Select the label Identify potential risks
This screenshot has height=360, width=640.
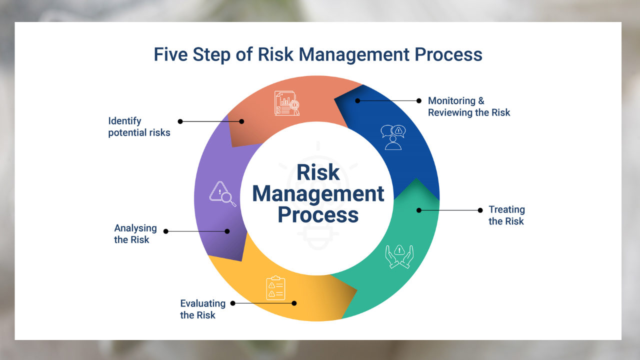click(139, 127)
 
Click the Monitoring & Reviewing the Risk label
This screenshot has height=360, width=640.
click(468, 107)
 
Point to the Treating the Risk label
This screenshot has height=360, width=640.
click(506, 215)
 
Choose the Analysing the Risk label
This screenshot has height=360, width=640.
click(135, 234)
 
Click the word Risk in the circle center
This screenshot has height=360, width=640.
click(318, 172)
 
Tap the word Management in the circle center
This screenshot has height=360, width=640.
click(318, 193)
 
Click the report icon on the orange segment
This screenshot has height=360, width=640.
click(286, 103)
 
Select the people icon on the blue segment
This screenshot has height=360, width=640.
click(393, 137)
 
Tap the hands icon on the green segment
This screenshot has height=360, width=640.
click(399, 256)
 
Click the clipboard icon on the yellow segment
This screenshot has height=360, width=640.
click(275, 288)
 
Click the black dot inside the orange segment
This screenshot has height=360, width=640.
click(241, 121)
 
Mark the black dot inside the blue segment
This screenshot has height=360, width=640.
click(357, 100)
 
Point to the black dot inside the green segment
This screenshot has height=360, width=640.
click(419, 210)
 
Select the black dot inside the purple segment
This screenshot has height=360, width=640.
click(227, 231)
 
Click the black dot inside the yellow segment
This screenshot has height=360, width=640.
click(294, 303)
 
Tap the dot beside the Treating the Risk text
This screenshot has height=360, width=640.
click(480, 210)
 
